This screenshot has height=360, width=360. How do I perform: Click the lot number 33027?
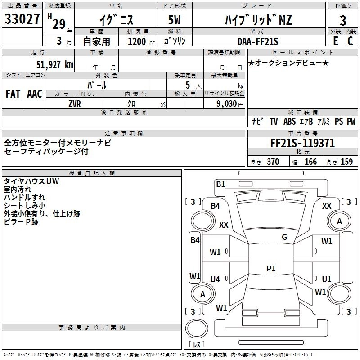point(22,19)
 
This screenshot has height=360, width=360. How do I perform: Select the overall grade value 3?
point(343,20)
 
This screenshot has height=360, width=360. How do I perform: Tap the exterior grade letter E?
point(336,41)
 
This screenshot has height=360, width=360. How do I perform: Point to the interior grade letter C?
point(350,41)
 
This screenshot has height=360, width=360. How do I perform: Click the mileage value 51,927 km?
point(55,64)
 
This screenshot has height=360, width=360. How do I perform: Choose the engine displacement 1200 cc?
point(141,41)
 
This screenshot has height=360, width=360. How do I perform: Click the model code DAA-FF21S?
point(258,41)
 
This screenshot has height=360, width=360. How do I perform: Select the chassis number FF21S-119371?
point(302,143)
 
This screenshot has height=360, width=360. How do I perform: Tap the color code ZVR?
point(75,104)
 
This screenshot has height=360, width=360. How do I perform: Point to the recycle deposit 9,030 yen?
point(230,104)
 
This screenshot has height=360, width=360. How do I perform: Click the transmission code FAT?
point(13,94)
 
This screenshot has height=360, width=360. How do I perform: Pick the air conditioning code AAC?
point(35,94)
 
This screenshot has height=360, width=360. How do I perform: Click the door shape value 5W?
point(174,20)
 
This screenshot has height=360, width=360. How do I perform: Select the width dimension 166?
point(310,162)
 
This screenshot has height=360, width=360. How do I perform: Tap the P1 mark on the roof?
point(271,268)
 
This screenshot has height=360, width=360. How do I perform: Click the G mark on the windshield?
point(284,237)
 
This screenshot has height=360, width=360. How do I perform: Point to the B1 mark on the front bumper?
point(220,184)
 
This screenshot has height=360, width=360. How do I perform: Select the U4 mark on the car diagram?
point(215,279)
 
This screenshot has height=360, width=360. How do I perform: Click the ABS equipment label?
point(289,121)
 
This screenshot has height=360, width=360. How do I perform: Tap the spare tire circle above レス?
point(197,328)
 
